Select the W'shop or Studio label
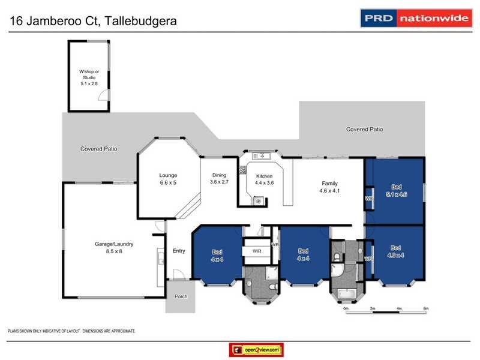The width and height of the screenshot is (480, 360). [x=88, y=79]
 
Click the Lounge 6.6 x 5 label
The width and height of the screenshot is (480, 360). [x=168, y=179]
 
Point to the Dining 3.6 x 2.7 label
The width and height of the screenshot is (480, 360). [x=219, y=179]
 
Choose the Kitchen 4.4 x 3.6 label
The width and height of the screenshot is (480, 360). [x=264, y=180]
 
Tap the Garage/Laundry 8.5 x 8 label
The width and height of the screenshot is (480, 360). [x=113, y=248]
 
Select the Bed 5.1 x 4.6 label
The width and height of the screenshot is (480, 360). [x=396, y=191]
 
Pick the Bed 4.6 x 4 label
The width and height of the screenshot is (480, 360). [x=396, y=251]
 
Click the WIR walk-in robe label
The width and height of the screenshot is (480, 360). [x=257, y=251]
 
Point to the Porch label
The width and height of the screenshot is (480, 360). [x=181, y=296]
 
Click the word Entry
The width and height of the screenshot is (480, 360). [x=179, y=251]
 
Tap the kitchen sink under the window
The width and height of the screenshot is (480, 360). [x=262, y=156]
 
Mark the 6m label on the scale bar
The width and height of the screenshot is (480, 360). [x=425, y=308]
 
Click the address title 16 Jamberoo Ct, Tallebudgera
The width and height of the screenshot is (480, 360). [x=95, y=22]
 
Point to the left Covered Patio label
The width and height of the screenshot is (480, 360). [x=99, y=148]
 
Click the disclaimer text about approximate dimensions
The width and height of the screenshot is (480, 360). [x=71, y=331]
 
